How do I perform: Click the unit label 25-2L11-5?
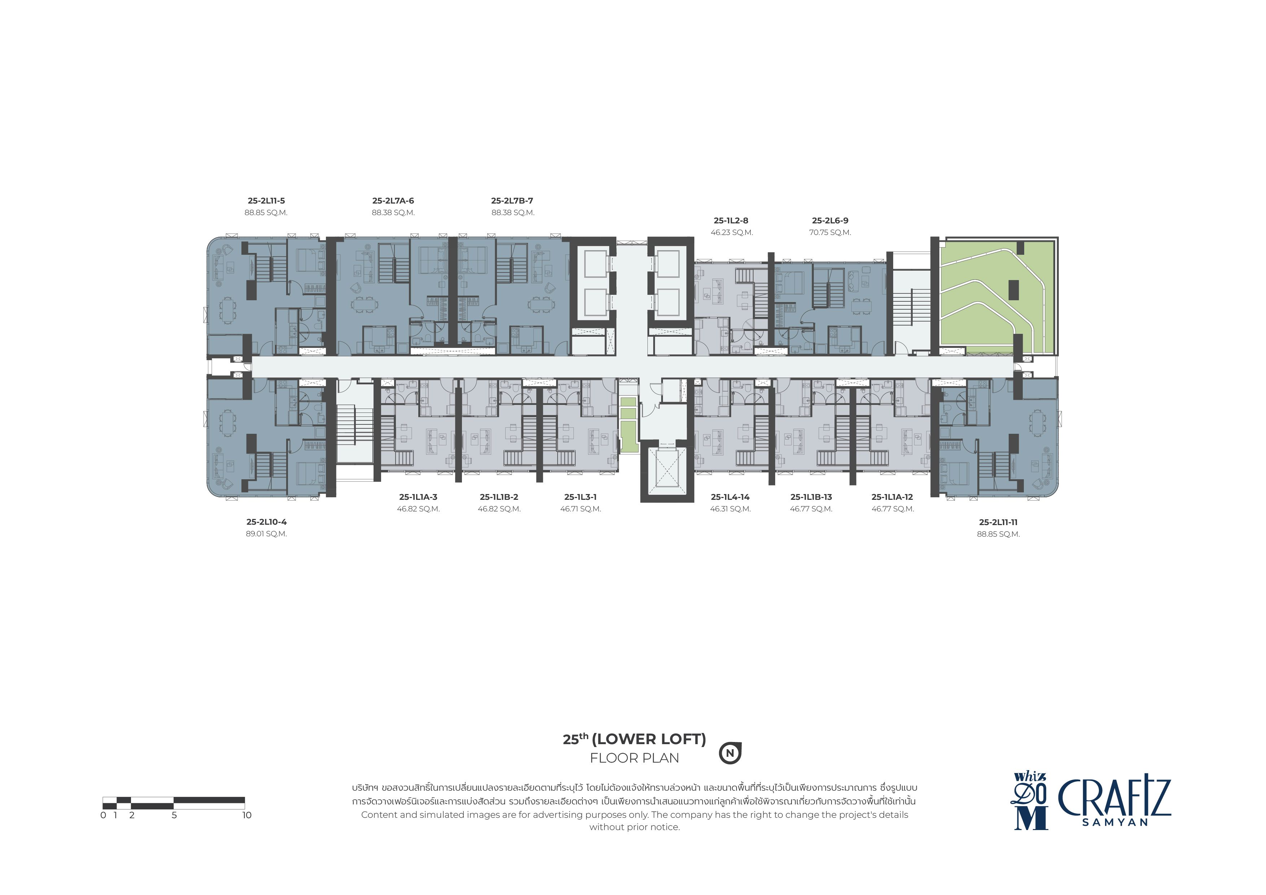pos(266,201)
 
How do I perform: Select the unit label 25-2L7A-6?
pos(393,201)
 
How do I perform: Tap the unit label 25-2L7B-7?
pos(512,201)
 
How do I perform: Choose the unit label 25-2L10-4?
pos(266,522)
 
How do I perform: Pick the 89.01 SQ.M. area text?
pos(266,534)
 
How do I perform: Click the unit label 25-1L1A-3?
pos(419,497)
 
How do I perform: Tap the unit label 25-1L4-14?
pos(730,497)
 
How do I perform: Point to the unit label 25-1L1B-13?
pos(811,497)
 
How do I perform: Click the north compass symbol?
pos(730,753)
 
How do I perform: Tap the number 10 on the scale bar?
pos(246,815)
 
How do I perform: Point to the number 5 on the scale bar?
pos(174,815)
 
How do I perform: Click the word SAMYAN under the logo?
pos(1115,822)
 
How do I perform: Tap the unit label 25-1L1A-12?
pos(892,497)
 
